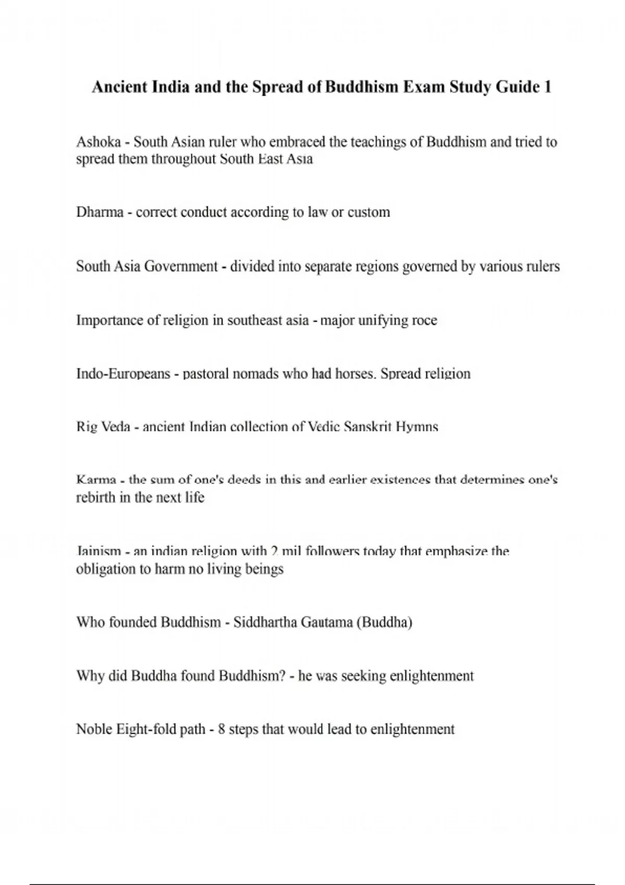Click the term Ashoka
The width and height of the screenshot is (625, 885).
tap(98, 142)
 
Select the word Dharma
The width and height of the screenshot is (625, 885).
tap(99, 212)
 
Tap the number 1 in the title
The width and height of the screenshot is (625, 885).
tap(547, 86)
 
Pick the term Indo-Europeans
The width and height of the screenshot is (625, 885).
tap(123, 374)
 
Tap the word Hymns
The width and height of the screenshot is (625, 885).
tap(417, 427)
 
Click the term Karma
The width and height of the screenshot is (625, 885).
tap(96, 479)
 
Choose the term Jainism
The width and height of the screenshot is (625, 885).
tap(98, 551)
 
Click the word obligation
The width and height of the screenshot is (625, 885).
tap(106, 568)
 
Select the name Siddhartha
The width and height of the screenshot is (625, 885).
tap(265, 622)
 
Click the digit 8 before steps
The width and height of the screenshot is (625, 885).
tap(221, 729)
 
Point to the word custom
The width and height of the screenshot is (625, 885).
tap(368, 212)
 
